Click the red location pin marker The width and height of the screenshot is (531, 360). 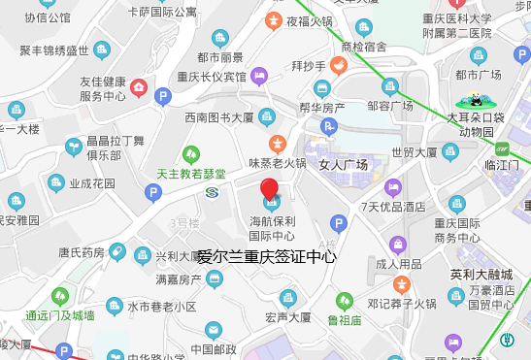pos(270,190)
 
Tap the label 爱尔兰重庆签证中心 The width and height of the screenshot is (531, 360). pos(267,257)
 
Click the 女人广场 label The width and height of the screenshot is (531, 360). pos(344,165)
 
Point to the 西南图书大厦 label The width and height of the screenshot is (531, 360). pos(218,117)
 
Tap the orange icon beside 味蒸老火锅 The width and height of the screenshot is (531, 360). pos(277,142)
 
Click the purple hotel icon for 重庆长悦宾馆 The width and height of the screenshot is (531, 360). pos(259,76)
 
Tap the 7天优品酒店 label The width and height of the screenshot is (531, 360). pos(392,207)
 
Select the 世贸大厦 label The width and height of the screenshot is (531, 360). pos(414,151)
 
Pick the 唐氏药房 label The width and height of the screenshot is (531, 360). pos(82,253)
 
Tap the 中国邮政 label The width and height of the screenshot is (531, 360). pos(214,349)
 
